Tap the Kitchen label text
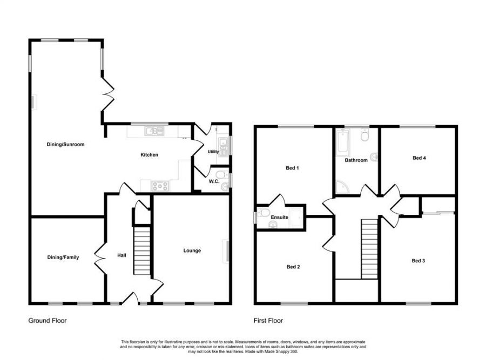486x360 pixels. point(150,155)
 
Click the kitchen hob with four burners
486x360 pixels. point(160,186)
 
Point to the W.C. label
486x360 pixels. point(213,181)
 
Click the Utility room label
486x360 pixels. point(213,152)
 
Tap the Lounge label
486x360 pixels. point(192,250)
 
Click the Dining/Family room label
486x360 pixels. point(63,257)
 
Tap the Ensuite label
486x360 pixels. point(279,218)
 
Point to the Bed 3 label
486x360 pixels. point(418,261)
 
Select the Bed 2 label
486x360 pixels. point(293,267)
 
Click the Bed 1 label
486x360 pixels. point(292,168)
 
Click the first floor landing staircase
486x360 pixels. point(369,248)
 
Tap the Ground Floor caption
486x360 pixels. point(48,321)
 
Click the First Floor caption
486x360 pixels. point(268,321)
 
